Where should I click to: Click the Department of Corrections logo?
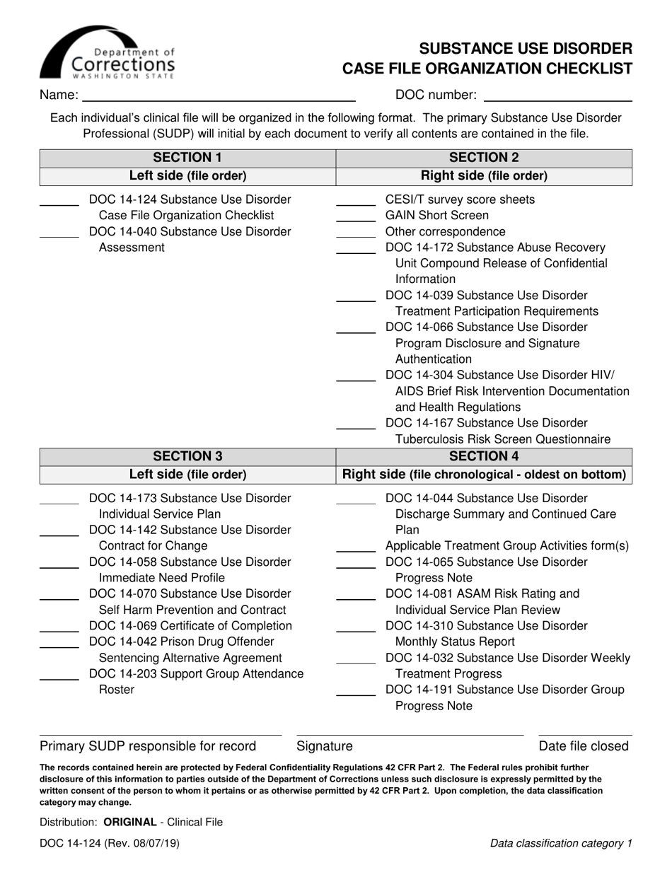click(x=107, y=53)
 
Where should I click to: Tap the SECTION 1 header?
click(x=187, y=157)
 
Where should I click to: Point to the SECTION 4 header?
click(x=484, y=456)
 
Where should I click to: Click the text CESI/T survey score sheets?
click(x=460, y=199)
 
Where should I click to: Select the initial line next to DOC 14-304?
click(x=355, y=380)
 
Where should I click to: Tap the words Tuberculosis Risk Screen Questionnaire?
click(x=502, y=439)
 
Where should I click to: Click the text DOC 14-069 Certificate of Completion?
click(x=190, y=625)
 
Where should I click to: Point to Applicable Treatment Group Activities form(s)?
click(x=506, y=545)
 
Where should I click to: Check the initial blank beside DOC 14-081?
click(x=355, y=598)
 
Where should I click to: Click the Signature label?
click(x=324, y=746)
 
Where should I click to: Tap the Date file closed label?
click(x=584, y=746)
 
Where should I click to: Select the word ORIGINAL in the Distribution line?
click(x=129, y=822)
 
